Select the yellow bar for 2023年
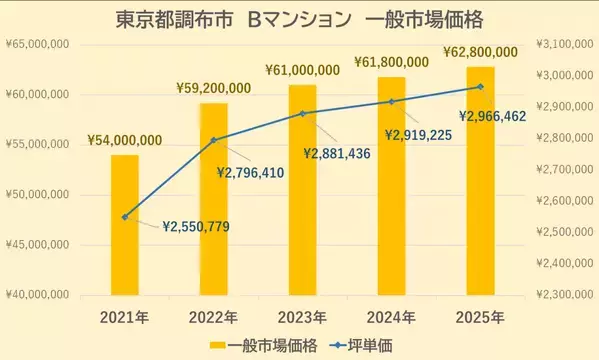tap(302, 189)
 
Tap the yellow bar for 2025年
tap(480, 180)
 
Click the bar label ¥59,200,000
tap(213, 87)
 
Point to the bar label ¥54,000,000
tap(125, 140)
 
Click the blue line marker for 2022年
tap(213, 140)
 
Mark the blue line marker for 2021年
tap(125, 217)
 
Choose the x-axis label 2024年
tap(391, 317)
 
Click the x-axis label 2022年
tap(213, 317)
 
